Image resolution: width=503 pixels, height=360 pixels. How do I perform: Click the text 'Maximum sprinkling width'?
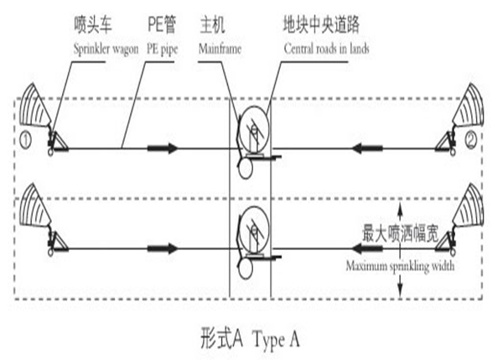click(x=399, y=267)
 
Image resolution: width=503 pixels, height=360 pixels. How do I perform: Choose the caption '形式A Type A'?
click(x=250, y=339)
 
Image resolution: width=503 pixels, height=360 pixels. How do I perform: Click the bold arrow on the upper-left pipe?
click(x=163, y=149)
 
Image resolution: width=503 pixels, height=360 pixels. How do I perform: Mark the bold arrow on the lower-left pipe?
click(x=163, y=248)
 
